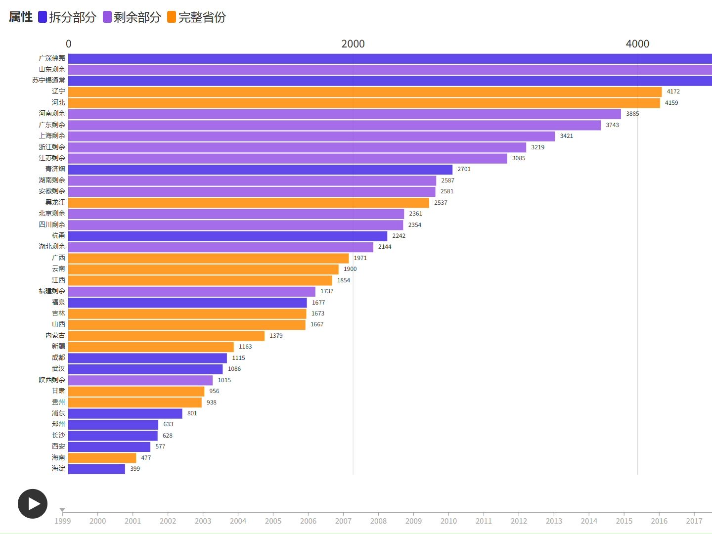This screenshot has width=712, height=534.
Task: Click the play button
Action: (x=33, y=503)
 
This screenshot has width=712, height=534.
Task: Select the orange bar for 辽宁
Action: (x=364, y=92)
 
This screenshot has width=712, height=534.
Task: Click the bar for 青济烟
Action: (x=260, y=170)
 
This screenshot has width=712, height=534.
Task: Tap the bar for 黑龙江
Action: (x=249, y=203)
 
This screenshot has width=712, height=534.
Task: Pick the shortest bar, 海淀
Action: (x=96, y=469)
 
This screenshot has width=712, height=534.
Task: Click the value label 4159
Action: (x=671, y=103)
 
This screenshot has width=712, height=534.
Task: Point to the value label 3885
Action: (x=632, y=114)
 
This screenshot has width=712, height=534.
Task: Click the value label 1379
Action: (x=276, y=336)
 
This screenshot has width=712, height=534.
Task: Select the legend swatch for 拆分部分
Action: (x=43, y=17)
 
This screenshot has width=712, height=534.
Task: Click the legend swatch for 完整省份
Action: (x=172, y=17)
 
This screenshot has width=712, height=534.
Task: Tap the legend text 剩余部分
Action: (x=137, y=17)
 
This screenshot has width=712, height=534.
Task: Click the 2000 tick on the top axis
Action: (x=353, y=44)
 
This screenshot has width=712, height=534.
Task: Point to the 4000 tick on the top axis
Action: (x=637, y=44)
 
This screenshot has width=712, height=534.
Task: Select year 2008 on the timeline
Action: (x=378, y=521)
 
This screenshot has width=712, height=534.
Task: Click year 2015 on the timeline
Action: (x=624, y=521)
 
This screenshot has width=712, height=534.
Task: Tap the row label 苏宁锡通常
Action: (x=48, y=80)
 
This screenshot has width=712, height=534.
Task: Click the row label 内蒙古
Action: (x=55, y=336)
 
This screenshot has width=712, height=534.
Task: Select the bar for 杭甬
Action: (x=227, y=236)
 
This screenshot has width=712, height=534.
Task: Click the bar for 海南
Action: (x=102, y=458)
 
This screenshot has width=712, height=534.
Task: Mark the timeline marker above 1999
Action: (x=62, y=510)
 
